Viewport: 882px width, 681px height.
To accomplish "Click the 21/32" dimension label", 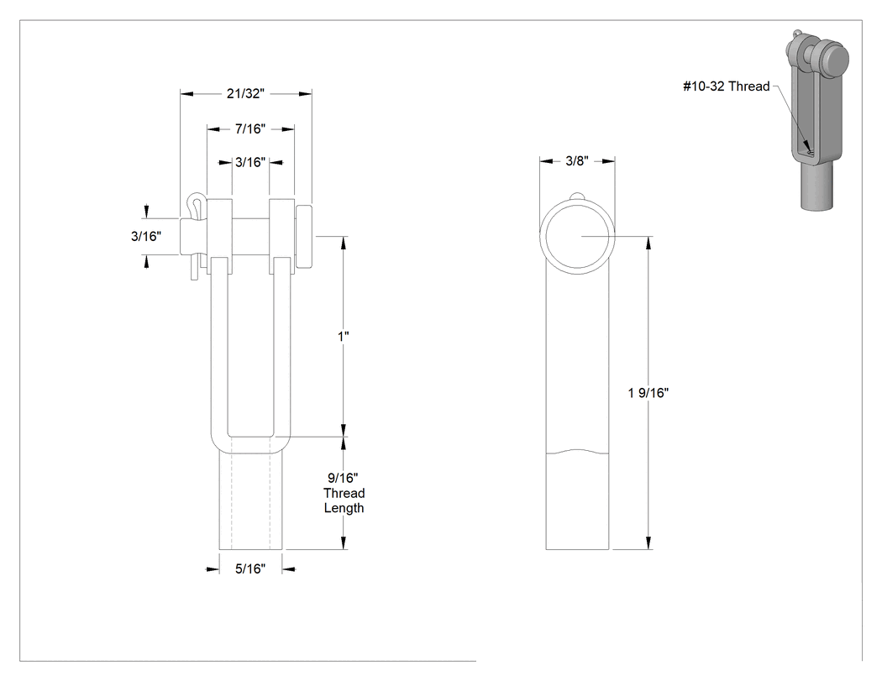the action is pyautogui.click(x=245, y=93).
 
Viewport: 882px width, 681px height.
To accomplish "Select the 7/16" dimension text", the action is pyautogui.click(x=250, y=128).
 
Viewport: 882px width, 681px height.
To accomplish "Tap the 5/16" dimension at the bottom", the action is pyautogui.click(x=250, y=568).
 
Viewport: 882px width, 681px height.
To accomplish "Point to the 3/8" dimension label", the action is pyautogui.click(x=576, y=161).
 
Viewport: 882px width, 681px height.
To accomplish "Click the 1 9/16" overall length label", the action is pyautogui.click(x=648, y=392).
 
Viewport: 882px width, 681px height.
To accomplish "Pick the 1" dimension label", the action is pyautogui.click(x=343, y=336).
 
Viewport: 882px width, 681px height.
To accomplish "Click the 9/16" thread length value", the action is pyautogui.click(x=343, y=478).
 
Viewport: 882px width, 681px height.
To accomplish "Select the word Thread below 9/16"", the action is pyautogui.click(x=344, y=493).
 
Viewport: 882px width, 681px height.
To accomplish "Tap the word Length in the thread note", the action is pyautogui.click(x=344, y=508).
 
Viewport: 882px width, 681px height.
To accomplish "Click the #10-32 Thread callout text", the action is pyautogui.click(x=727, y=86).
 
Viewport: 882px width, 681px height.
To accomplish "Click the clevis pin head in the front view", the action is pyautogui.click(x=304, y=236).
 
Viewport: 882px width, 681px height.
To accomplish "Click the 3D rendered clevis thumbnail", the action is pyautogui.click(x=816, y=119).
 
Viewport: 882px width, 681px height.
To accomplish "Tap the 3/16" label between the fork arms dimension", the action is pyautogui.click(x=250, y=162).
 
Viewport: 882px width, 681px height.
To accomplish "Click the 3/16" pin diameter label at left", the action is pyautogui.click(x=146, y=236).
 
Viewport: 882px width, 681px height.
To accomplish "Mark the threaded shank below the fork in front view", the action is pyautogui.click(x=251, y=500).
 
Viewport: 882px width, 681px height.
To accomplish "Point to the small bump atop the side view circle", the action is pyautogui.click(x=577, y=196).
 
